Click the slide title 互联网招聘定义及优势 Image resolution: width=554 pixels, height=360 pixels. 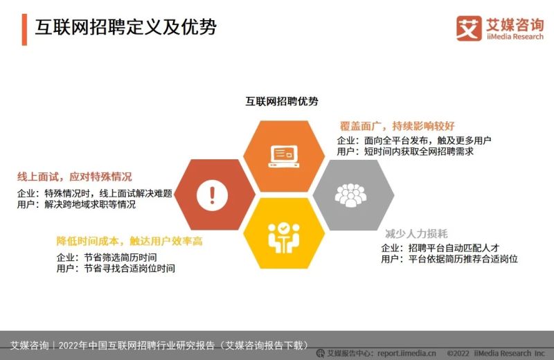coord(125,27)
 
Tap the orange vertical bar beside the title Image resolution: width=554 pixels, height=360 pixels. coord(24,30)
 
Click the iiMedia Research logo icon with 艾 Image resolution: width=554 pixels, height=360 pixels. coord(469,28)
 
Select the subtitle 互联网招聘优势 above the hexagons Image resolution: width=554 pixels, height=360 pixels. coord(282,101)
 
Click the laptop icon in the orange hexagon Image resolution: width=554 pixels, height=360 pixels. coord(284,156)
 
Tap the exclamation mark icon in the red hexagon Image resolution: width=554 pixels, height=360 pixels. coord(212,195)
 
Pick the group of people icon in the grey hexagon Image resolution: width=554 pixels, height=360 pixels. coord(350,195)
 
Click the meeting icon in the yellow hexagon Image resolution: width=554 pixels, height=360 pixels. coord(284,237)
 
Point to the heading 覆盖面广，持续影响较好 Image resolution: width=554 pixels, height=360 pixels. coord(397,126)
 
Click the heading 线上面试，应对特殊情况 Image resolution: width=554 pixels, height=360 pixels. coord(75,177)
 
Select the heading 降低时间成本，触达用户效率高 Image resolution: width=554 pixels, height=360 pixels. coord(129,241)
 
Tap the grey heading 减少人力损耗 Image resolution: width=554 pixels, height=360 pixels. coord(416,233)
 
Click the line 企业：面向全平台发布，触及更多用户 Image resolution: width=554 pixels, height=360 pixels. coord(413,141)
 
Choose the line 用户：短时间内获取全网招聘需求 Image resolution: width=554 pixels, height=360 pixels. coord(405,151)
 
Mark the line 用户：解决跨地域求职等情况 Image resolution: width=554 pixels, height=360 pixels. coord(76,204)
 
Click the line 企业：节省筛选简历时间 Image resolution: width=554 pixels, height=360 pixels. coord(107,258)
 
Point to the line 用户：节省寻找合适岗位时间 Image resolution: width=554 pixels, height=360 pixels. coord(116,268)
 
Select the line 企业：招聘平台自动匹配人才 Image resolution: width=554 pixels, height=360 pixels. coord(440,248)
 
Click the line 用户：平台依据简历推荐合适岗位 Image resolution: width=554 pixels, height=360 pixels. coord(449,259)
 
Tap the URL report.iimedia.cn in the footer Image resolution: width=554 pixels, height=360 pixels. coord(406,353)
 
